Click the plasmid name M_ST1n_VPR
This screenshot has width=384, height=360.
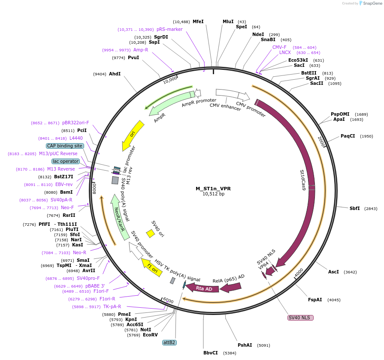tap(213, 188)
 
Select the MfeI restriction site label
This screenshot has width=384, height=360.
tap(198, 21)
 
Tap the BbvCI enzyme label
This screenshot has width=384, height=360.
tap(211, 353)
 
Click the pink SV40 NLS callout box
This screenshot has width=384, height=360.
tap(300, 318)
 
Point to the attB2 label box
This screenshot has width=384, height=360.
tap(169, 342)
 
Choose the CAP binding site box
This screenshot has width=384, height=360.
tap(65, 146)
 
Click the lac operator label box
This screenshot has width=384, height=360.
tap(66, 161)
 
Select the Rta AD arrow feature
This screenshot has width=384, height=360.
tap(204, 288)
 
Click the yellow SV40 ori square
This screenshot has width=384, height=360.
tap(151, 234)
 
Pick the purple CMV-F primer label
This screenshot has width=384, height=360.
tap(279, 47)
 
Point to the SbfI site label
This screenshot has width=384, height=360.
tap(354, 208)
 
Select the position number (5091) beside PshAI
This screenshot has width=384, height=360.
tap(263, 345)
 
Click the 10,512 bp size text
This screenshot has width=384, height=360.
tap(213, 194)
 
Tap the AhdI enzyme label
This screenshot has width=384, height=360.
tap(115, 74)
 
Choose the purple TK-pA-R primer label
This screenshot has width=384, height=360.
tap(112, 306)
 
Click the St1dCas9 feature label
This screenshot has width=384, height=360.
tap(303, 180)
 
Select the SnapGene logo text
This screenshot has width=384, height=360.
tap(372, 3)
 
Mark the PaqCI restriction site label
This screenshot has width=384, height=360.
tap(348, 136)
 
